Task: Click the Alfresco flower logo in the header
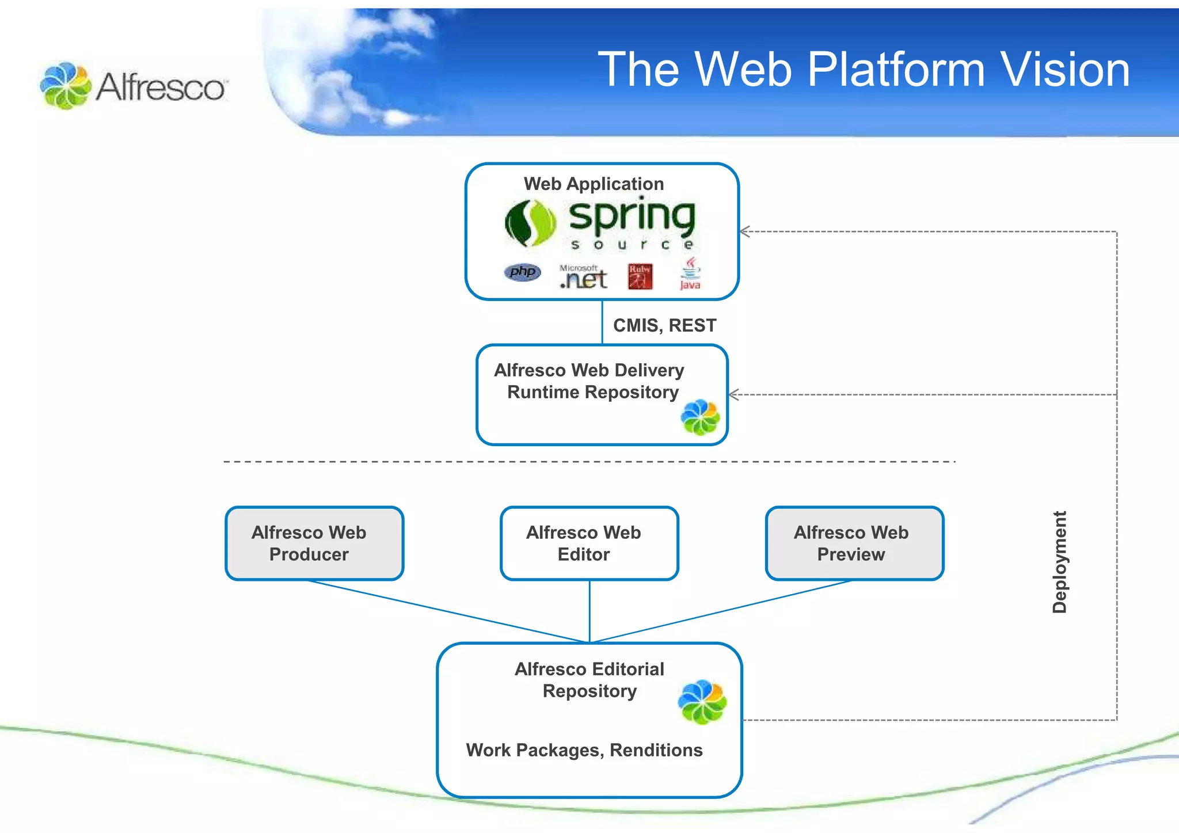(65, 86)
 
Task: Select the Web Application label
(594, 184)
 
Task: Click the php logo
(522, 272)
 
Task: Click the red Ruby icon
(640, 276)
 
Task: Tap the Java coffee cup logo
(690, 273)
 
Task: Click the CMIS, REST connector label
(664, 325)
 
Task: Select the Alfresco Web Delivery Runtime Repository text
(589, 381)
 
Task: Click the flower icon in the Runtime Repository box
(700, 417)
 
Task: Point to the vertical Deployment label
(1059, 562)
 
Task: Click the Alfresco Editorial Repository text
(589, 680)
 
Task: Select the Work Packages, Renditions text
(584, 750)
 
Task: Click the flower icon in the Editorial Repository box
(702, 702)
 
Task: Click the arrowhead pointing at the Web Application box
(744, 231)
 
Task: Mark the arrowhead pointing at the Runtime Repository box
(733, 394)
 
